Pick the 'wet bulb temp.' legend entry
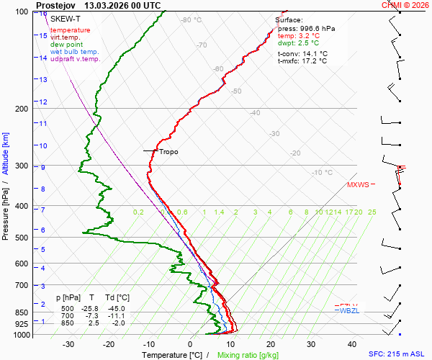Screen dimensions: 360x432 pyautogui.click(x=75, y=52)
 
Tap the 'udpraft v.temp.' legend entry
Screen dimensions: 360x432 pyautogui.click(x=76, y=59)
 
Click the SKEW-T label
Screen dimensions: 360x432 pyautogui.click(x=66, y=18)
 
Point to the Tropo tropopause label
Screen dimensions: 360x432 pyautogui.click(x=168, y=152)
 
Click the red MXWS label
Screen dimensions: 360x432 pyautogui.click(x=358, y=185)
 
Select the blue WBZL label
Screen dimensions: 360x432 pyautogui.click(x=349, y=311)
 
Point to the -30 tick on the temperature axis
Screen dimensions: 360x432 pyautogui.click(x=68, y=344)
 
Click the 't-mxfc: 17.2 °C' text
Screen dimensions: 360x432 pyautogui.click(x=302, y=61)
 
